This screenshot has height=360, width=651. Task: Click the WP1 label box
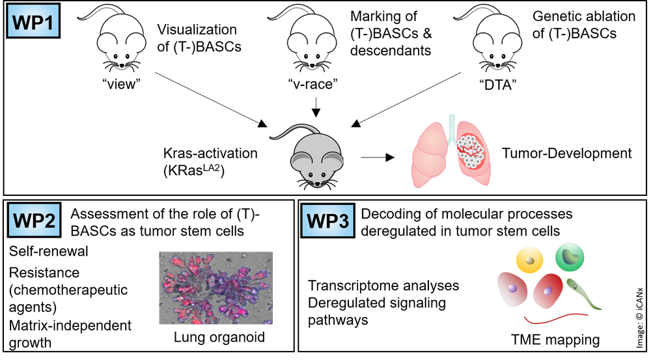[x=33, y=21]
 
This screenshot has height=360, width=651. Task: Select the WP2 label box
[x=34, y=220]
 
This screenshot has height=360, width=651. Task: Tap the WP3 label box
[x=327, y=221]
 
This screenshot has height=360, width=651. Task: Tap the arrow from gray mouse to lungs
[x=378, y=158]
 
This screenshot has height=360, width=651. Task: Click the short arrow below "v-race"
[x=316, y=107]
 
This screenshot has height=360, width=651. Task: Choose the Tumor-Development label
[x=567, y=153]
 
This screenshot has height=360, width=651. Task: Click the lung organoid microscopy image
[x=216, y=288]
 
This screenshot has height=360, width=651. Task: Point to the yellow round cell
[x=529, y=260]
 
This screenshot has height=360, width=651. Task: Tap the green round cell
[x=570, y=257]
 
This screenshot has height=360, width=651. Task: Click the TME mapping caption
[x=555, y=340]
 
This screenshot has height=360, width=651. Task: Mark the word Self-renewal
[x=49, y=251]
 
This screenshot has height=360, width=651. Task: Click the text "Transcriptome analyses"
[x=383, y=286]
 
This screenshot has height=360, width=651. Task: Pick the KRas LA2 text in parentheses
[x=194, y=171]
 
